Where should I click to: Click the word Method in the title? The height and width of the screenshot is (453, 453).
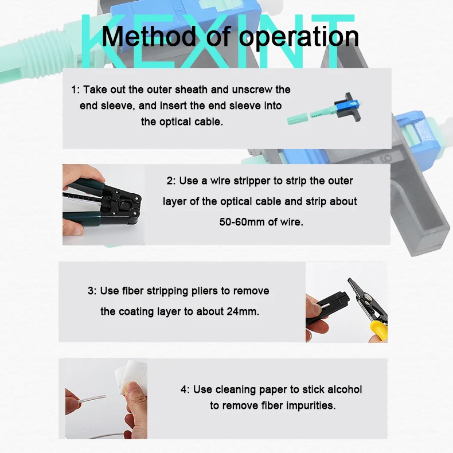pyautogui.click(x=149, y=36)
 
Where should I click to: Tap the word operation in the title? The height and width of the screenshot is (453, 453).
pyautogui.click(x=299, y=37)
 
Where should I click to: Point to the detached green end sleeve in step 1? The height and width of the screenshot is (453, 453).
pyautogui.click(x=298, y=119)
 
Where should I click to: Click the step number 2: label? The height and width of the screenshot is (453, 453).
pyautogui.click(x=171, y=181)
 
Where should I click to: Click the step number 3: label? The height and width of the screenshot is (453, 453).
pyautogui.click(x=92, y=291)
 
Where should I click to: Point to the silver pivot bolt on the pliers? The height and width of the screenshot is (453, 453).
pyautogui.click(x=368, y=296)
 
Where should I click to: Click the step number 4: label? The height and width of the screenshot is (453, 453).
pyautogui.click(x=185, y=389)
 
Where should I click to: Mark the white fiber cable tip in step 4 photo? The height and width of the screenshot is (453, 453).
pyautogui.click(x=104, y=396)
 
